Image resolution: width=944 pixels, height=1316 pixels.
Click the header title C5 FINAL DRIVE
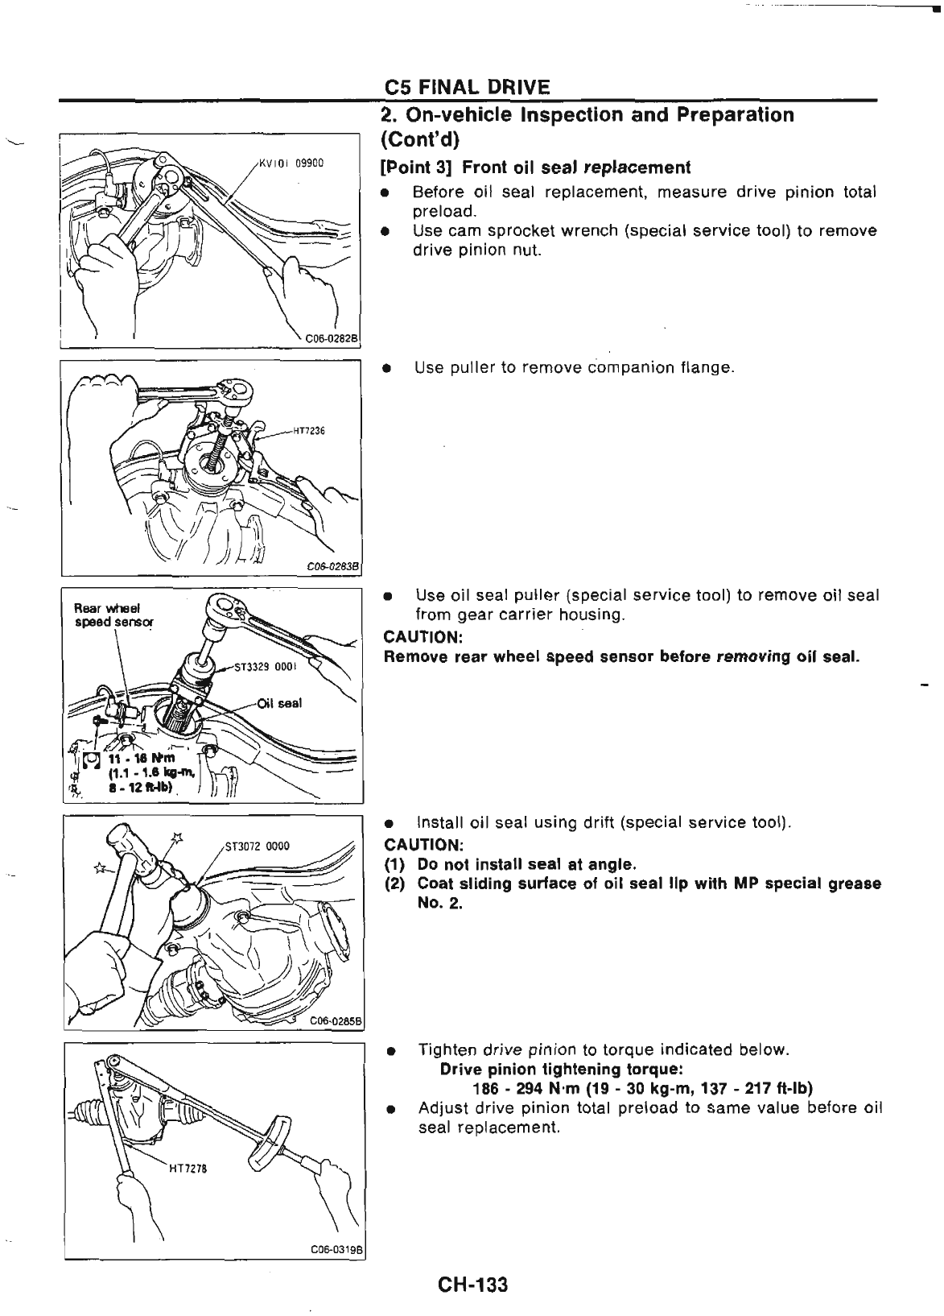467,87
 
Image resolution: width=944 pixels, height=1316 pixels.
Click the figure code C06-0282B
330,338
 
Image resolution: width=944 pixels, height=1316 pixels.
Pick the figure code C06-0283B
334,565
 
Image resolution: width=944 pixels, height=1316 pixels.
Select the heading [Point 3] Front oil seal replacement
535,168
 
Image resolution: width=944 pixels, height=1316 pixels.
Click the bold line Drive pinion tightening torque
562,1070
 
